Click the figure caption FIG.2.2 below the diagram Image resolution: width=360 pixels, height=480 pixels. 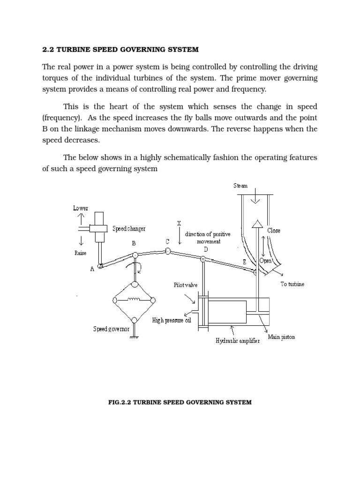[180, 402]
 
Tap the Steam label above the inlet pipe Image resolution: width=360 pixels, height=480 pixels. [240, 186]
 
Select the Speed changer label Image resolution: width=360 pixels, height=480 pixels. [129, 229]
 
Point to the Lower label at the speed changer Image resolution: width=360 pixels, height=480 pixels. [80, 208]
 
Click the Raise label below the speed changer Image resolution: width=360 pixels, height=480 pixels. [80, 253]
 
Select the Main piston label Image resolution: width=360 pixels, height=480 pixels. [281, 337]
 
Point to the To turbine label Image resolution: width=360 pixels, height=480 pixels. [292, 284]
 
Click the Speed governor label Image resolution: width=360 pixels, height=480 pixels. [111, 329]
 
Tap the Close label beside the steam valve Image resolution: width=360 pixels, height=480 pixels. [274, 231]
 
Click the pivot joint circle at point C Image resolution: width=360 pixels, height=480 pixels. [167, 252]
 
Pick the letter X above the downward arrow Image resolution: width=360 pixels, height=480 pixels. [179, 223]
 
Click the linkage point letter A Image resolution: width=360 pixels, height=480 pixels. [92, 269]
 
